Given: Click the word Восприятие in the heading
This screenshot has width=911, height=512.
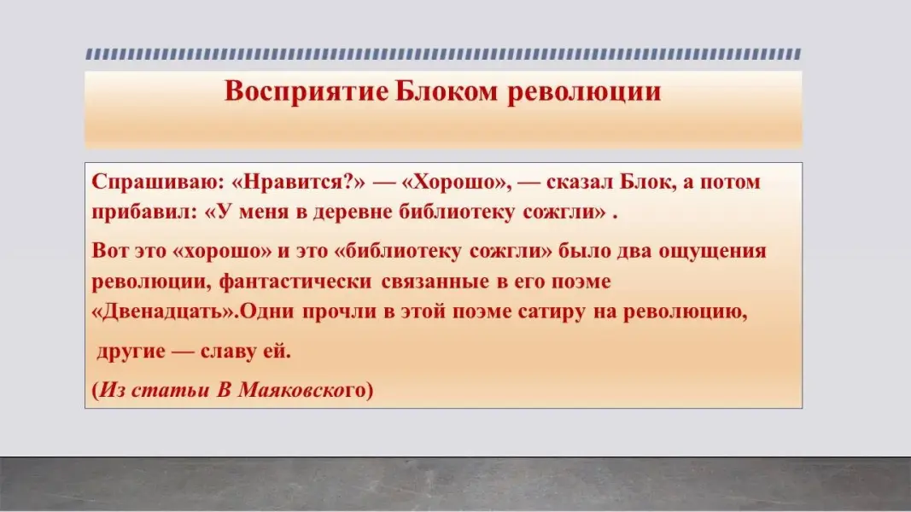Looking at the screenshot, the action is (307, 91).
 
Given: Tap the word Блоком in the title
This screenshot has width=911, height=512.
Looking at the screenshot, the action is (447, 91).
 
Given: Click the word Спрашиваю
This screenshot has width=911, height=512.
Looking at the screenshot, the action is (157, 183).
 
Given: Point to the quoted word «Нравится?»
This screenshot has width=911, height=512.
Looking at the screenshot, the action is (299, 183).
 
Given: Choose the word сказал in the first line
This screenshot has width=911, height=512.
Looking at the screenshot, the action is (579, 182).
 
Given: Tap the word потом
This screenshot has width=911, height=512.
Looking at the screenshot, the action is (730, 183).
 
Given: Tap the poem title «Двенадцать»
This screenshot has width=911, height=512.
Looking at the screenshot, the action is (163, 311).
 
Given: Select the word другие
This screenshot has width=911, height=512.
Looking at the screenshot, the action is (131, 352).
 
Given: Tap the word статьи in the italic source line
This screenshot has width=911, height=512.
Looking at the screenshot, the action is (170, 390).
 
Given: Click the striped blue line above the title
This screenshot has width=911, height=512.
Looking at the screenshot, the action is (443, 54).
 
